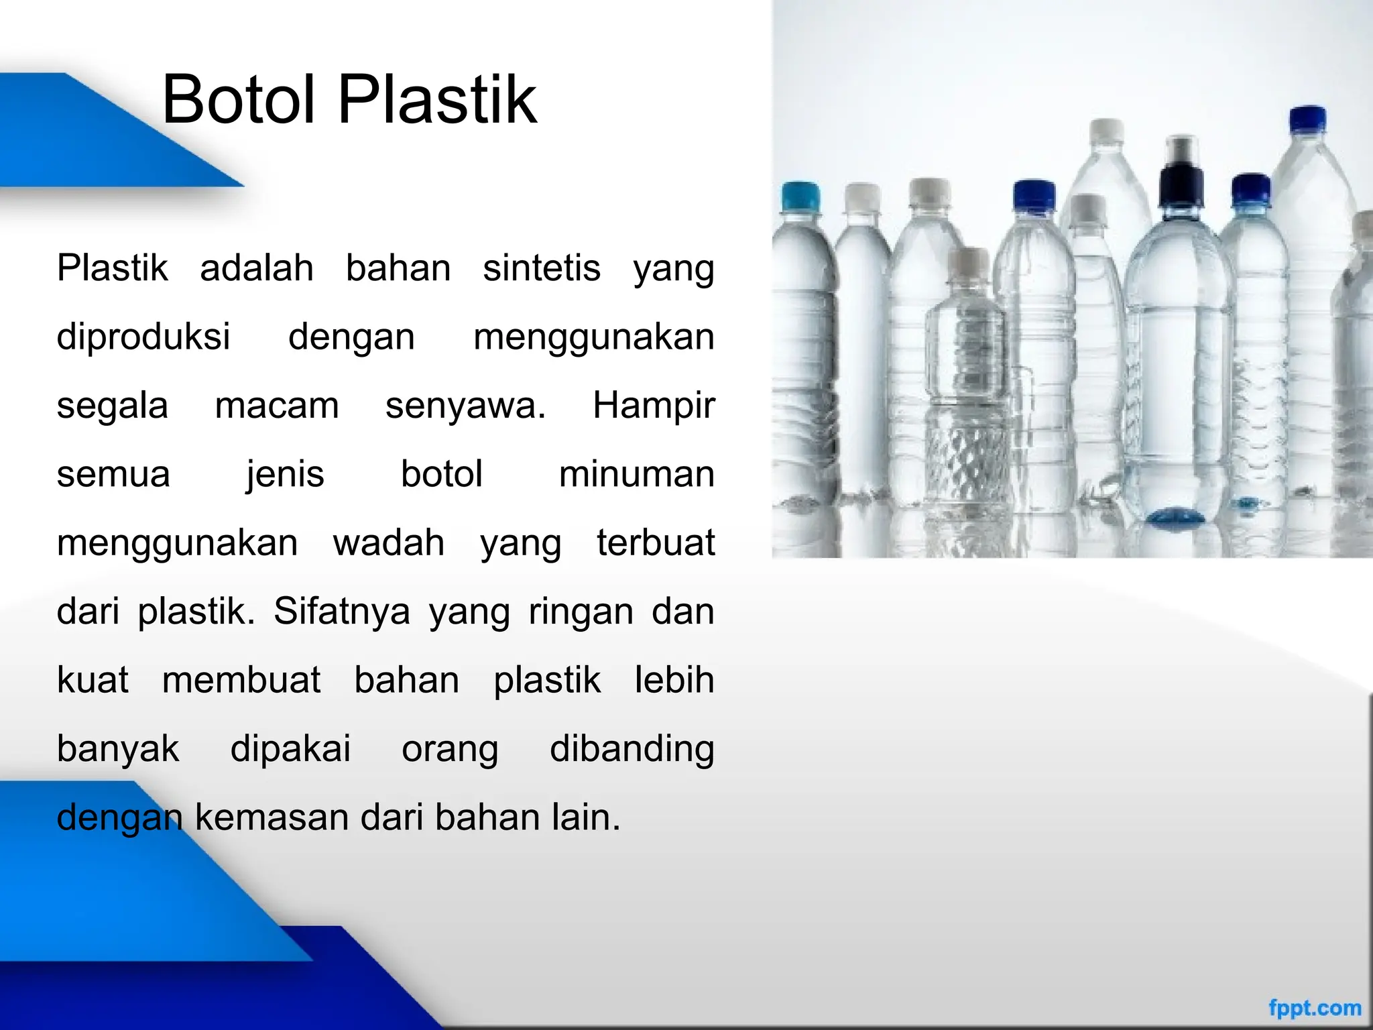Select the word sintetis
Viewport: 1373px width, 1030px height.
coord(542,268)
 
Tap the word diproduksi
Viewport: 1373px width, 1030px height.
coord(143,337)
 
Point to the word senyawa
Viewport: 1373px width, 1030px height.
coord(465,406)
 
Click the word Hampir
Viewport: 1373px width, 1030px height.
coord(654,406)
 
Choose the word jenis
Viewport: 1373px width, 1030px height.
coord(285,474)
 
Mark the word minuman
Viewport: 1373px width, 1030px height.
coord(636,474)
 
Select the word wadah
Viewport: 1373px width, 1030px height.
coord(389,542)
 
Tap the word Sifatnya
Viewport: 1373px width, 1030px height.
coord(341,612)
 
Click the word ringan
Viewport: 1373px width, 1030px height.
coord(581,612)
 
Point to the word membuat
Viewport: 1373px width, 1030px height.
coord(241,680)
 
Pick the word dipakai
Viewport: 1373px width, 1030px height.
coord(290,748)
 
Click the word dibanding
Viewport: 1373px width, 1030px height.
coord(632,748)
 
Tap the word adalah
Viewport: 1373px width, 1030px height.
coord(257,268)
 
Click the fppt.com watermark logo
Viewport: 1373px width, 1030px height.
coord(1315,1008)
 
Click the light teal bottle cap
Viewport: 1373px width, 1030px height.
coord(801,196)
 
